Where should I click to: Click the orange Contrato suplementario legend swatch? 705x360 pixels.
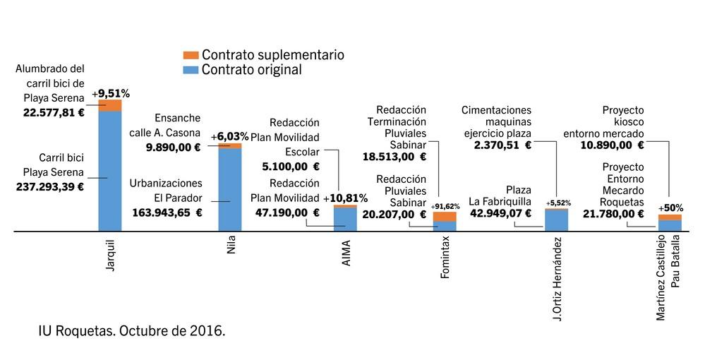pos(191,55)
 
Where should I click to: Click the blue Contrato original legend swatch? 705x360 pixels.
pos(191,69)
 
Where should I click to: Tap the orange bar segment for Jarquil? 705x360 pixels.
pos(110,105)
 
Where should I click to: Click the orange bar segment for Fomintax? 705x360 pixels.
pos(445,216)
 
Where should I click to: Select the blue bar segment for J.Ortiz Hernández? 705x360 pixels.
pos(556,221)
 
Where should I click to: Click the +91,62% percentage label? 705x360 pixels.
pos(445,206)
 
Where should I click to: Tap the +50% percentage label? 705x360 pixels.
pos(670,209)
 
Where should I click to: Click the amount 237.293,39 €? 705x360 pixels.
pos(50,187)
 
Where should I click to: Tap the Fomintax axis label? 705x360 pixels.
pos(445,258)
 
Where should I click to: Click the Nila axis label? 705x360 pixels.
pos(231,247)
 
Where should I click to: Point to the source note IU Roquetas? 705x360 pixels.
pos(132,330)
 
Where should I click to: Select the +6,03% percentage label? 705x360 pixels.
pos(230,136)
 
